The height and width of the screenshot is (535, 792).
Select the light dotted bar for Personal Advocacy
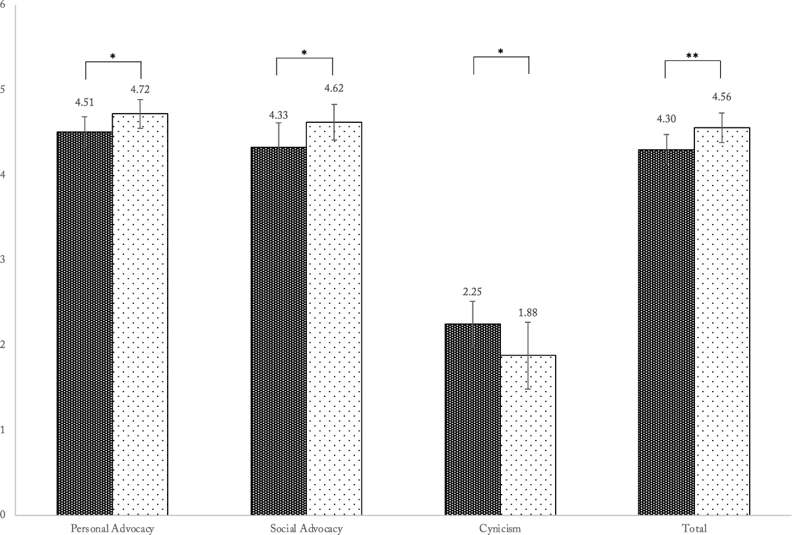pyautogui.click(x=140, y=314)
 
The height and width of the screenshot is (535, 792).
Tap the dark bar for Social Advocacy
pyautogui.click(x=279, y=330)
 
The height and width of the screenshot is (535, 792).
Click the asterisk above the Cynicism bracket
pyautogui.click(x=501, y=52)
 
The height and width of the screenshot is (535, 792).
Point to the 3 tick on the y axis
pyautogui.click(x=3, y=260)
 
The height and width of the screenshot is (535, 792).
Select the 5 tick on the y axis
pyautogui.click(x=3, y=89)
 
